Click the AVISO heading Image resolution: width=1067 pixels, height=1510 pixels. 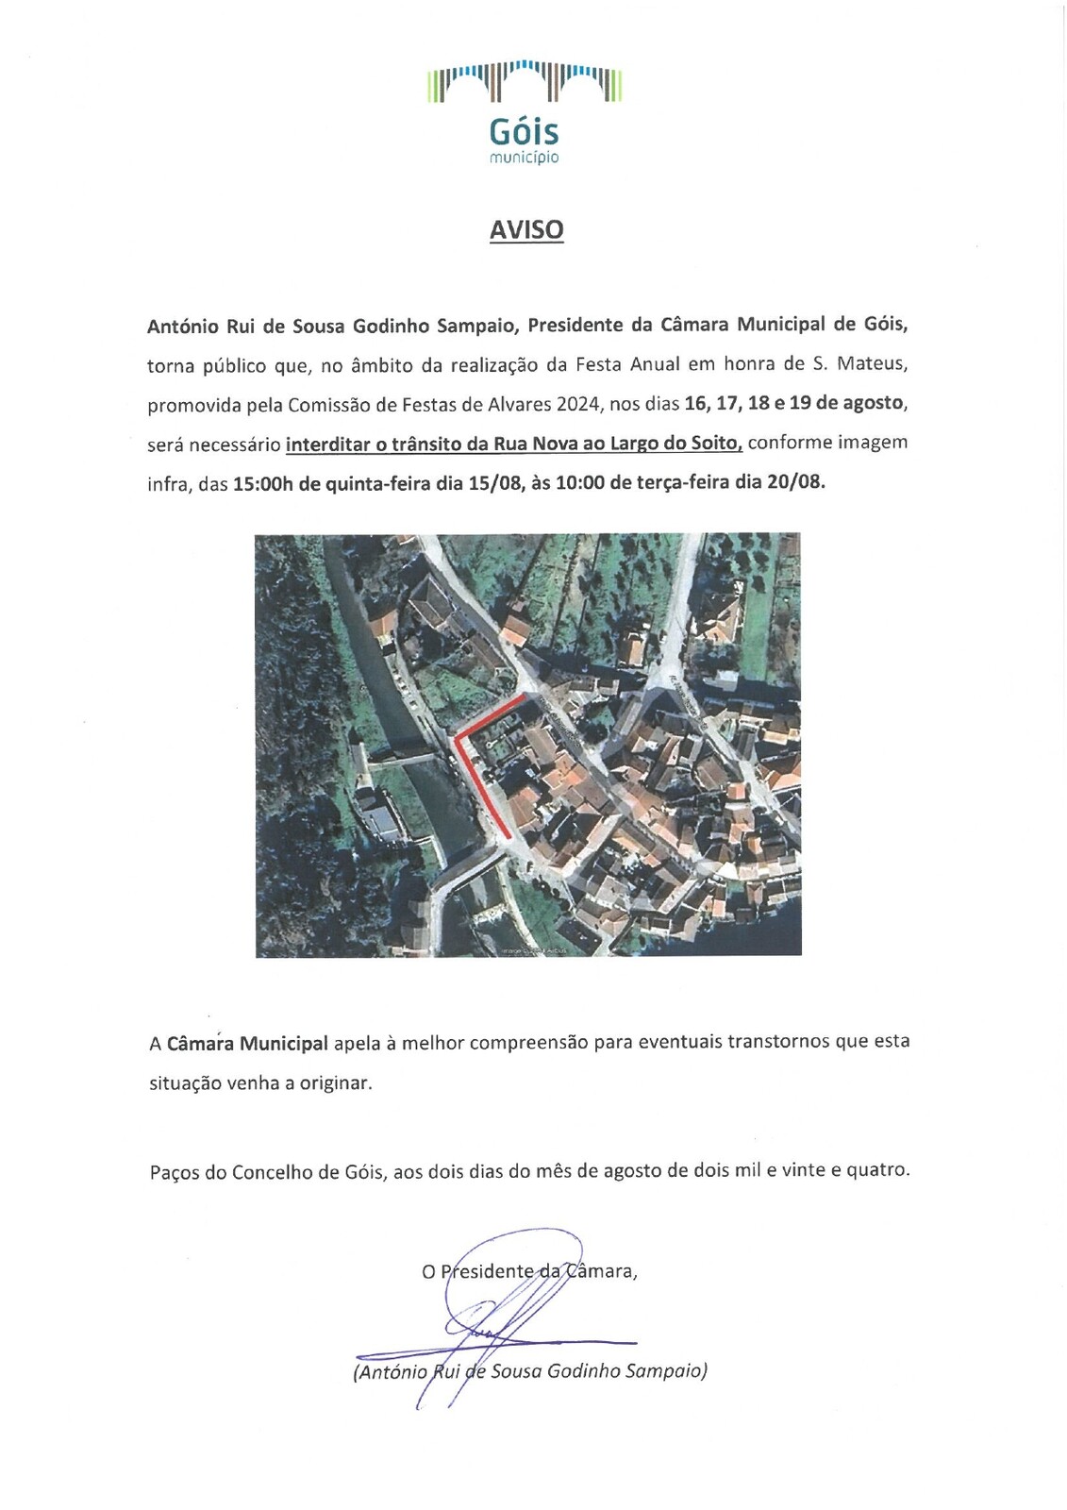[526, 230]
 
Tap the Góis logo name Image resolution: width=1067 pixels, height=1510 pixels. [524, 132]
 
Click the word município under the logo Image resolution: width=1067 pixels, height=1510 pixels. [524, 158]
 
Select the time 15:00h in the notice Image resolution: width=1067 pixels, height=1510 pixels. [263, 483]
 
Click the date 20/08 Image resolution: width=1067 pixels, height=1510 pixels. [795, 482]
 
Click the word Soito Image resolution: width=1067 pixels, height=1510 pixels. [715, 443]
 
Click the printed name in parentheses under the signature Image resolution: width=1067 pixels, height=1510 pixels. [530, 1371]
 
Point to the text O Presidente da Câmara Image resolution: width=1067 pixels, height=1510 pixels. [529, 1271]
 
